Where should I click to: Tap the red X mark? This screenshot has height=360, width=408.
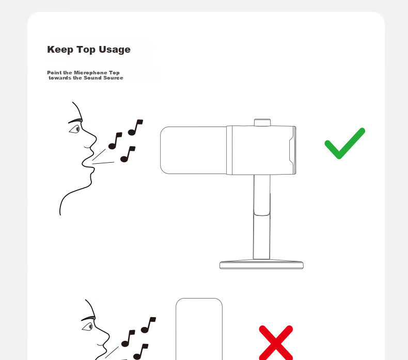pyautogui.click(x=276, y=342)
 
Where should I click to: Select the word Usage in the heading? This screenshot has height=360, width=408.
pyautogui.click(x=115, y=50)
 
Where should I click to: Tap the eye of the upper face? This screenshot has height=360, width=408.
pyautogui.click(x=75, y=129)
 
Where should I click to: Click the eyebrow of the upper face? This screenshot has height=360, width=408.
pyautogui.click(x=75, y=121)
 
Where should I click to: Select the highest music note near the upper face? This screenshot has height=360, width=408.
pyautogui.click(x=135, y=127)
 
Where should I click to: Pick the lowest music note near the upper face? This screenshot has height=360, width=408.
pyautogui.click(x=128, y=154)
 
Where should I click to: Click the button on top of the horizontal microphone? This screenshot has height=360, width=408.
pyautogui.click(x=262, y=122)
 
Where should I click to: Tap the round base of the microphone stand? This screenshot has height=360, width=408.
pyautogui.click(x=261, y=264)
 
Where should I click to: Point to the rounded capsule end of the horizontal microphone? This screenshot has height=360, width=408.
pyautogui.click(x=193, y=150)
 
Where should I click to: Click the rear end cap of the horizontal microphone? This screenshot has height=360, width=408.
pyautogui.click(x=292, y=150)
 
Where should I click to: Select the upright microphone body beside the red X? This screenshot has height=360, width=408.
pyautogui.click(x=199, y=330)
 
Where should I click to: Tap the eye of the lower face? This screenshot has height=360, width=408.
pyautogui.click(x=88, y=326)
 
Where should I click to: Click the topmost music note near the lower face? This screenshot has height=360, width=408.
pyautogui.click(x=148, y=325)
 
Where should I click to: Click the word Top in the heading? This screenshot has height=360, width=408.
pyautogui.click(x=86, y=50)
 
